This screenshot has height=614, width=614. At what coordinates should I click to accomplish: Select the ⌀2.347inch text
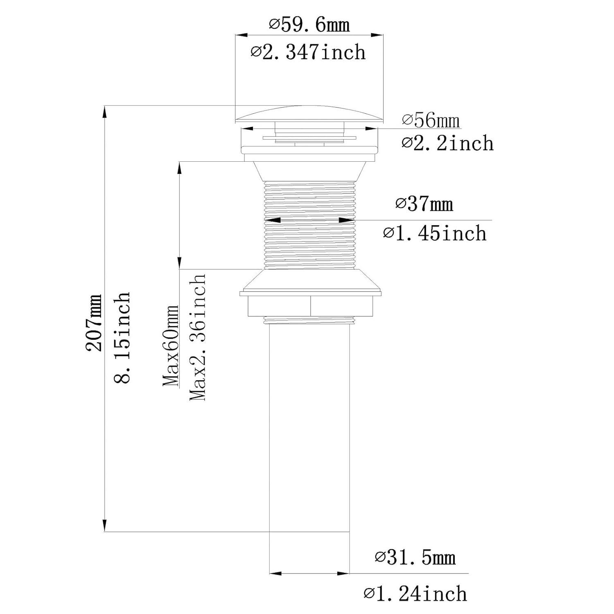(308, 52)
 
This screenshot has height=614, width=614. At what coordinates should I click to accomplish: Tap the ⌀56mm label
(431, 120)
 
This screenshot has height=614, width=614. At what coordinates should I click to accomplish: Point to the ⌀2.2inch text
(447, 143)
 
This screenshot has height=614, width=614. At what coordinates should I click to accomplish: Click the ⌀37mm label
(424, 203)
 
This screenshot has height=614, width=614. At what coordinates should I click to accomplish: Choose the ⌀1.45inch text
(435, 233)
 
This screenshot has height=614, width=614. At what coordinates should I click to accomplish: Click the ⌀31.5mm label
(415, 558)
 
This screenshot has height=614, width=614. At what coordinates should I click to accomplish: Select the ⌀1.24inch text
(415, 594)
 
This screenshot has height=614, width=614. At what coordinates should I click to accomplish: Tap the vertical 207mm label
(94, 323)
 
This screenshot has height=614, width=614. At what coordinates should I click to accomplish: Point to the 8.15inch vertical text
(122, 337)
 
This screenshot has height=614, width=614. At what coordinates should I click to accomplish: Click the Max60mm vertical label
(171, 345)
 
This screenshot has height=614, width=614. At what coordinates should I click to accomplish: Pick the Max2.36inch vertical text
(197, 336)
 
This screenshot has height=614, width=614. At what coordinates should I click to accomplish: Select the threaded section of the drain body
(309, 225)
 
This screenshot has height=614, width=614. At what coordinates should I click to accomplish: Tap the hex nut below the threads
(310, 306)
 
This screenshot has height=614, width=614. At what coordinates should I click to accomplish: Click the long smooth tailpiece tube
(309, 426)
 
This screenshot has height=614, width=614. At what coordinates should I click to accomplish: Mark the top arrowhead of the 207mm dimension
(105, 112)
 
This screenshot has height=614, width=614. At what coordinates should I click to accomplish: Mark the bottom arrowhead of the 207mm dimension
(105, 526)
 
